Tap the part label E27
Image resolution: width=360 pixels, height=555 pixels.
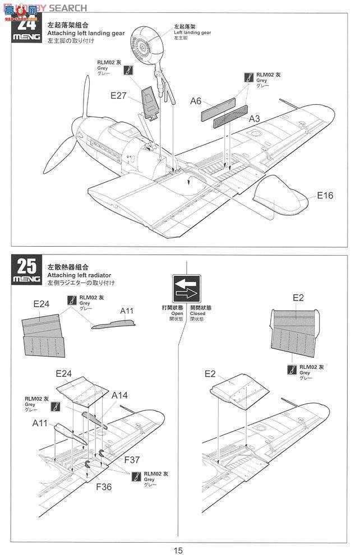[x=118, y=95]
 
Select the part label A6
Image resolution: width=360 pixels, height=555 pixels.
[x=196, y=101]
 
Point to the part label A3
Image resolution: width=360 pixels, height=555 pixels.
[x=255, y=118]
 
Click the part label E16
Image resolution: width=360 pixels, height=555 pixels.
[x=325, y=195]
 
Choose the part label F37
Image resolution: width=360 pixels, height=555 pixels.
[x=133, y=460]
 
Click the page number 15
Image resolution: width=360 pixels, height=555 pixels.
[x=178, y=550]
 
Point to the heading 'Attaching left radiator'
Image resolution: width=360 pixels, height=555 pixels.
[x=79, y=275]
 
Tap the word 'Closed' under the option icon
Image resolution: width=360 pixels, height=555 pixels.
[x=197, y=313]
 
